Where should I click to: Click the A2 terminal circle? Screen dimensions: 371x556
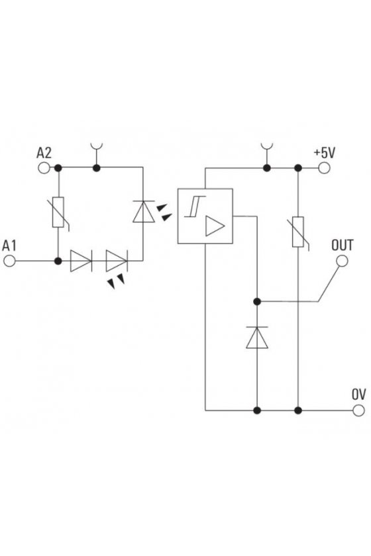click(x=44, y=167)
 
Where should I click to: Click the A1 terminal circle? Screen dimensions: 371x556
click(x=9, y=261)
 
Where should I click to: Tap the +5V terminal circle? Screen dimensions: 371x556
click(x=324, y=167)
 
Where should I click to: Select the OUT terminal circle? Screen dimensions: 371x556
click(x=342, y=261)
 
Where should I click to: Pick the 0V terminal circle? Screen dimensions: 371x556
click(x=358, y=410)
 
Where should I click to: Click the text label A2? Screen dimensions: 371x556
click(x=44, y=152)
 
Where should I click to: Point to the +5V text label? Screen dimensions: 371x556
click(x=325, y=153)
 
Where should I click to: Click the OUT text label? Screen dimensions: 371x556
click(x=343, y=246)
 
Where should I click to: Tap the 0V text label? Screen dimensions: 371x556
click(x=358, y=394)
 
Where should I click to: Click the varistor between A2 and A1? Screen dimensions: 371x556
click(x=58, y=212)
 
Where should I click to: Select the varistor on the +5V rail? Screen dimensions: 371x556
click(x=298, y=232)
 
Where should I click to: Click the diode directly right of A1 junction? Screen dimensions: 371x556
click(x=81, y=261)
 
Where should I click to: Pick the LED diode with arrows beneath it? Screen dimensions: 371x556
click(x=117, y=261)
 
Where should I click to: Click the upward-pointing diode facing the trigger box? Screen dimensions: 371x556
click(x=143, y=212)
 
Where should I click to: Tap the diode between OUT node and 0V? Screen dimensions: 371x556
click(x=257, y=338)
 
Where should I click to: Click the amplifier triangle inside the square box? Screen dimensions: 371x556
click(x=214, y=226)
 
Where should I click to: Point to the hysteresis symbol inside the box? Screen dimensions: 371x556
click(x=195, y=206)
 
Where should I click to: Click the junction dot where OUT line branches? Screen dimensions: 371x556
click(x=257, y=301)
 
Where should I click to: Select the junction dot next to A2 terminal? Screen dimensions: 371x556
click(x=58, y=167)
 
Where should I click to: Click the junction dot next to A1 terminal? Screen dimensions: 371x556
click(x=58, y=261)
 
